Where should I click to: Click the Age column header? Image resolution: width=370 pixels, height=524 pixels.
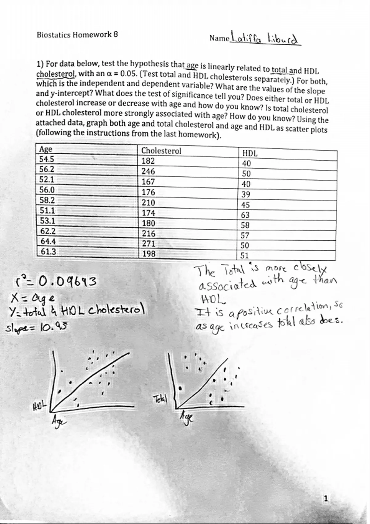(x=46, y=149)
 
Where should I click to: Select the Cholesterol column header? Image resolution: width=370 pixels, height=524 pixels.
(x=161, y=151)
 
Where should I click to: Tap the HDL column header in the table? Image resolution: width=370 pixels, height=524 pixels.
(x=250, y=153)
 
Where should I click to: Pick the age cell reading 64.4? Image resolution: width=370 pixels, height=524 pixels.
(x=48, y=241)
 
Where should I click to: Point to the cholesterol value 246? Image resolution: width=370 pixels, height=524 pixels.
(x=148, y=171)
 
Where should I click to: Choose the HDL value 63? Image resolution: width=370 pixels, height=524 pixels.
(x=245, y=215)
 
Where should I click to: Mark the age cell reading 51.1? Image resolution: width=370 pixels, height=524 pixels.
(x=47, y=211)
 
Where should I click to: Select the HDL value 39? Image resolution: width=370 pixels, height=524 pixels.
(x=246, y=194)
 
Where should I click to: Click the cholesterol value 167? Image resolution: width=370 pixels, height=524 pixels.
(x=148, y=182)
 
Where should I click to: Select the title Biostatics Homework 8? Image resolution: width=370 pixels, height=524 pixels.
(x=77, y=35)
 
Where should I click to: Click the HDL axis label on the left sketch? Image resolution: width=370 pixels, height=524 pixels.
(x=39, y=404)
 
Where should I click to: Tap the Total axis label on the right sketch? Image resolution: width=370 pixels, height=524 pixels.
(x=160, y=400)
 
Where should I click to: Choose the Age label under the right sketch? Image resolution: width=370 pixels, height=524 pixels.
(x=187, y=418)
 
